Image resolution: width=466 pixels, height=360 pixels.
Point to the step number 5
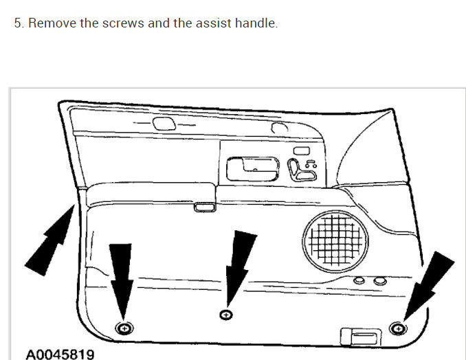click(19, 23)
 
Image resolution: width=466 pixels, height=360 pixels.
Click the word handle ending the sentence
click(256, 23)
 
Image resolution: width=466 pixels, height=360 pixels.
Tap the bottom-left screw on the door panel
click(124, 328)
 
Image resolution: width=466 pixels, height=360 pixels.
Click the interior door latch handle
click(251, 166)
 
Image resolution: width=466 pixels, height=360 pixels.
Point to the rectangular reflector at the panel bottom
click(359, 335)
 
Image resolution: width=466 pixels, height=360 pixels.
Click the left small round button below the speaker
click(359, 282)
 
